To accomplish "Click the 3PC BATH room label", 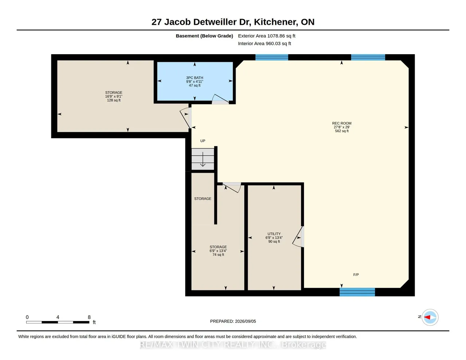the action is click(x=194, y=78).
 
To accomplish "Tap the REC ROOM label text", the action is click(x=341, y=123).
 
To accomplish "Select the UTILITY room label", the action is click(x=274, y=234).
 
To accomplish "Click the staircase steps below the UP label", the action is click(x=203, y=159).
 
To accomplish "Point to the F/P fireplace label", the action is click(x=356, y=275).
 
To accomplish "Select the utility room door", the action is click(x=298, y=237).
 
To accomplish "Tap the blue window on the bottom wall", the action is click(x=357, y=292).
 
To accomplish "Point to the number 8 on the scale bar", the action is click(x=89, y=317).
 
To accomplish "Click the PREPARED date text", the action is click(x=233, y=321).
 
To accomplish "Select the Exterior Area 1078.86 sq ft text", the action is click(x=266, y=36).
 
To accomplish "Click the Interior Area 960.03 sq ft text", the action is click(x=264, y=44).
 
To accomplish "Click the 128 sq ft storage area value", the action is click(x=114, y=100).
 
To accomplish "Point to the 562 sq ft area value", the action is click(x=341, y=131).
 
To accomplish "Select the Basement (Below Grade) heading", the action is click(x=204, y=36).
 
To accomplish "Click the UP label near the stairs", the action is click(x=203, y=141).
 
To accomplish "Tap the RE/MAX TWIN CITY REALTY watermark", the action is click(x=233, y=345).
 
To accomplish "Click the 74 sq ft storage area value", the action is click(x=218, y=255).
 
